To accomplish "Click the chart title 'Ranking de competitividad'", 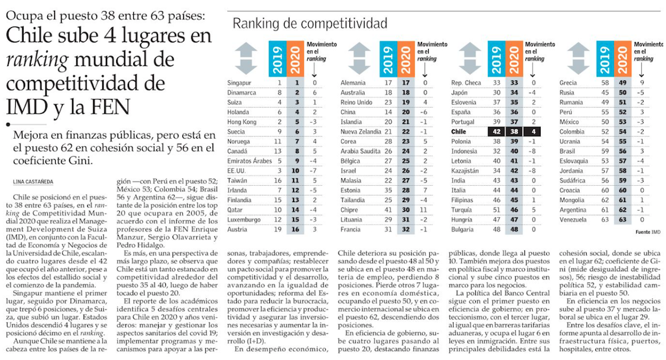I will (309, 24).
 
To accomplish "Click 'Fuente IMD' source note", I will (647, 232).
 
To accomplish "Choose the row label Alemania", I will (354, 82).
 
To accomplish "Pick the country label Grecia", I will (569, 82).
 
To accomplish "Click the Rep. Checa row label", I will (466, 82).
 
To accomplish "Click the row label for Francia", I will (351, 230).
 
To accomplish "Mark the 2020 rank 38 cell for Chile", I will (515, 131).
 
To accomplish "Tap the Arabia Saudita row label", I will (361, 151).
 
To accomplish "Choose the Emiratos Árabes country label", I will (245, 161).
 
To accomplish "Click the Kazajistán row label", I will (467, 171).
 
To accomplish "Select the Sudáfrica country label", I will (573, 180).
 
